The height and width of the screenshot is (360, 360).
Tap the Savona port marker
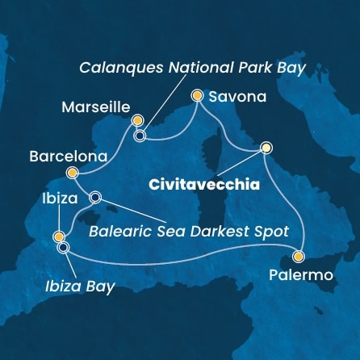(197, 95)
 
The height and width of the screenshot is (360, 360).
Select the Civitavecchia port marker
(266, 148)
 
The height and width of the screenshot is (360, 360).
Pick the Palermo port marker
(299, 257)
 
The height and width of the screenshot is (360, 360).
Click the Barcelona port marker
(72, 172)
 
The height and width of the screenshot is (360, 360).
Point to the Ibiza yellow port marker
(58, 237)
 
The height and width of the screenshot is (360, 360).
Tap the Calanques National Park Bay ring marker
(140, 136)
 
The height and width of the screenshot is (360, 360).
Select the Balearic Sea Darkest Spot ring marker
(96, 196)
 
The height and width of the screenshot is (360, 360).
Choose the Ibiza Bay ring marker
(63, 248)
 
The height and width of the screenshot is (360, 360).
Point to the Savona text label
(238, 96)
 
